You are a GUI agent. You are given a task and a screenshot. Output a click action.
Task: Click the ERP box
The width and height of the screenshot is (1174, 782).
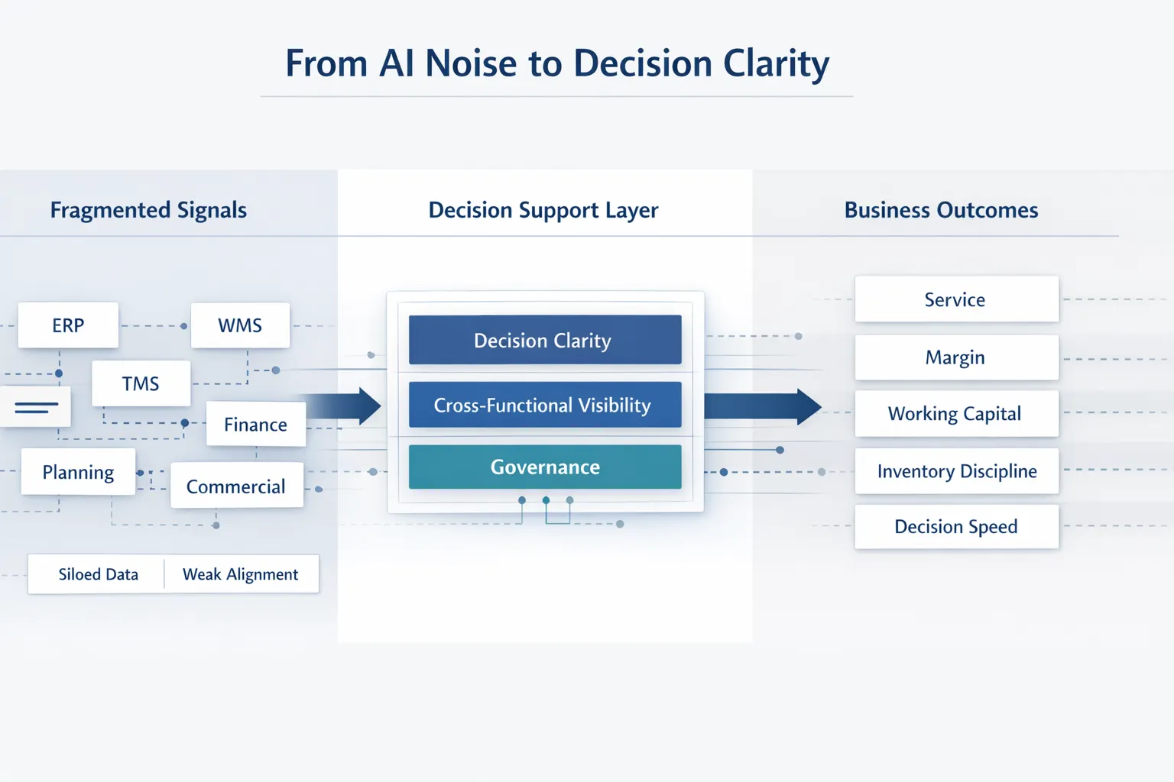point(68,325)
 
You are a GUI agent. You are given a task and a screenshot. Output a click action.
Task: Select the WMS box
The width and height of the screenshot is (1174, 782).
point(240,325)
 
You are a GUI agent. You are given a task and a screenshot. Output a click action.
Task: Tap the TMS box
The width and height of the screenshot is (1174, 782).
point(141,383)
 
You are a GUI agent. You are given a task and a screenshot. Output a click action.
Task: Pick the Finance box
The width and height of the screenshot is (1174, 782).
point(255,425)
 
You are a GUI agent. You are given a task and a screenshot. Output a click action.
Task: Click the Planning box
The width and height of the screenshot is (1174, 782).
point(78,473)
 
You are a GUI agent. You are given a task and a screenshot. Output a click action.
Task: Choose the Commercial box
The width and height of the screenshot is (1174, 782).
point(236,486)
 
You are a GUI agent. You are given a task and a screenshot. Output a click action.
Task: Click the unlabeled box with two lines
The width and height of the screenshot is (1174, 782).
point(36,407)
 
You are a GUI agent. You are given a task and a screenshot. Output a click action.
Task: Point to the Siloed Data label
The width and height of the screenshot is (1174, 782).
point(98,574)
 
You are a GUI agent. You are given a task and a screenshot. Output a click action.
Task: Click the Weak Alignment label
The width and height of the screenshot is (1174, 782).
point(240,574)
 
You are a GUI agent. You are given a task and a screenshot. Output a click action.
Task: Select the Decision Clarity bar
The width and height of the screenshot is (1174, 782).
point(544,340)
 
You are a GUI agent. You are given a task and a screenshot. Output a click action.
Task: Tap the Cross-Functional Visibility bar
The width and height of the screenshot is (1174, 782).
point(544,405)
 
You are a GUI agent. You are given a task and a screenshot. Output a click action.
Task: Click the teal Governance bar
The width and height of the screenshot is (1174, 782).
point(544,467)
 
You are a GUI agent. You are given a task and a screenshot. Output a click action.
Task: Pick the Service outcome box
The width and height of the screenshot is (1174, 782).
point(955,299)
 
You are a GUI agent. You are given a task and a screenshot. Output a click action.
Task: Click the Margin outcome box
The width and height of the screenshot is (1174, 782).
point(955,357)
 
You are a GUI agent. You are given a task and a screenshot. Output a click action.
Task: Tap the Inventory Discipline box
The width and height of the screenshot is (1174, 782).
point(957,471)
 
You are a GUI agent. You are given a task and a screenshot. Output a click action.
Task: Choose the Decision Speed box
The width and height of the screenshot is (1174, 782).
point(956,526)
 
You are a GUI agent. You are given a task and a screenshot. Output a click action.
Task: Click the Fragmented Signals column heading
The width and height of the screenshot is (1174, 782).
point(148,210)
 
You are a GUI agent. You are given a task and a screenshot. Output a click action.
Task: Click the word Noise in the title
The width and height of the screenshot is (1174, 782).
point(471,63)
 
